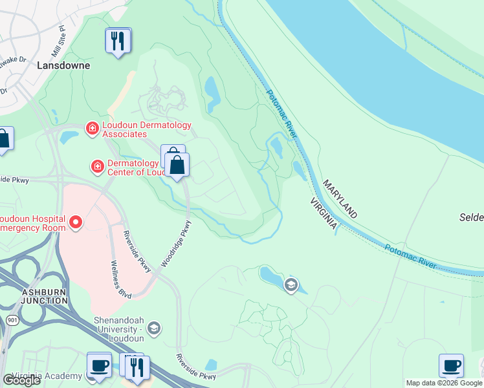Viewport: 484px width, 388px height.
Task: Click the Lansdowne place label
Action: (x=63, y=65)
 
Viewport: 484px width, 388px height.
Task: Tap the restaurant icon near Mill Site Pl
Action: (x=117, y=41)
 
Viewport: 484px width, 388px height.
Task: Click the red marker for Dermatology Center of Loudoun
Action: (x=98, y=167)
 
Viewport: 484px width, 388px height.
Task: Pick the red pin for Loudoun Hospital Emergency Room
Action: (x=76, y=223)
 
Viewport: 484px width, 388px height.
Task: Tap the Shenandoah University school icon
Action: (x=153, y=329)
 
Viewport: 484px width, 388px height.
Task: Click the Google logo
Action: (x=21, y=380)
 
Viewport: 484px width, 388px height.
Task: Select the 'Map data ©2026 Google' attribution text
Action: (x=444, y=383)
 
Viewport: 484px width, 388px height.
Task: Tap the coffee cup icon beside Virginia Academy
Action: (x=99, y=365)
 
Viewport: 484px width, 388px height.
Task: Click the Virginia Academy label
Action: (x=41, y=376)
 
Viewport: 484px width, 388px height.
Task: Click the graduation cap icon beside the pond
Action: (x=291, y=285)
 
